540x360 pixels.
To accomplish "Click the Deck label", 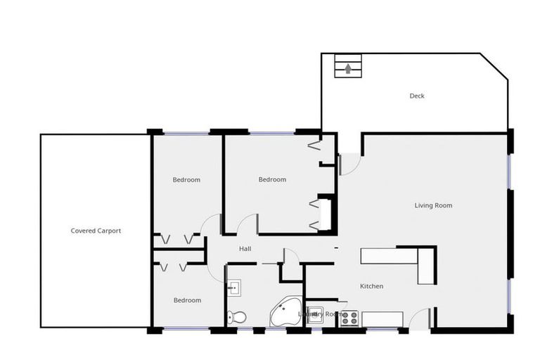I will [x=417, y=96].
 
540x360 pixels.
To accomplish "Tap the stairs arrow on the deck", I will [x=348, y=69].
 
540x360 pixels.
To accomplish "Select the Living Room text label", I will [x=433, y=205].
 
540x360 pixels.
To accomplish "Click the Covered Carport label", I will [x=96, y=231].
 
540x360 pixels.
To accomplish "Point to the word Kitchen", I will [x=371, y=286].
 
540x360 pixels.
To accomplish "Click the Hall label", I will [x=245, y=249].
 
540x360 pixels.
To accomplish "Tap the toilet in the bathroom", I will [x=238, y=317].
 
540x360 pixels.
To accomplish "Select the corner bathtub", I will [x=285, y=313].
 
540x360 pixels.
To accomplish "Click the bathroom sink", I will [x=234, y=287].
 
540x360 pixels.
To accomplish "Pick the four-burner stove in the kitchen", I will [x=349, y=319].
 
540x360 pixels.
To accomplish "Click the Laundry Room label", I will [x=320, y=314].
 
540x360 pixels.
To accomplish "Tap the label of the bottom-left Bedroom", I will [x=188, y=300].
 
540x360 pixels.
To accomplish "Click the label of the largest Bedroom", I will [x=272, y=179].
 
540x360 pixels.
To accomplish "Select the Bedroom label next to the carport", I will [x=186, y=179].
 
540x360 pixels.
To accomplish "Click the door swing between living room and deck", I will [x=349, y=165].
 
